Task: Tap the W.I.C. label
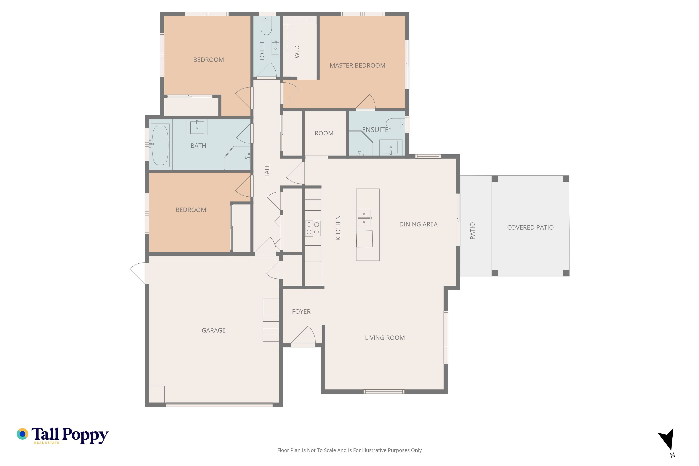tap(297, 50)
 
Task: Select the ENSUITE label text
tap(375, 130)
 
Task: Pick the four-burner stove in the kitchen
tap(313, 228)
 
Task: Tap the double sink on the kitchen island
tap(364, 218)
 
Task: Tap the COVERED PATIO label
tap(530, 227)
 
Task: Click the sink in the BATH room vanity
tap(197, 127)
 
